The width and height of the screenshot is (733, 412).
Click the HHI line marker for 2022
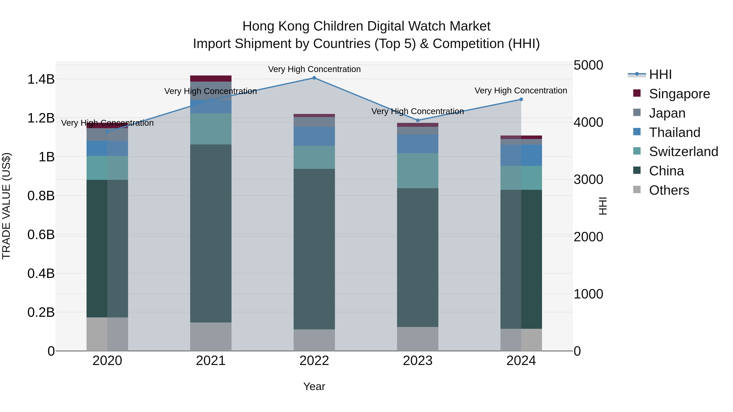click(314, 78)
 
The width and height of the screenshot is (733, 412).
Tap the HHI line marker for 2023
click(418, 120)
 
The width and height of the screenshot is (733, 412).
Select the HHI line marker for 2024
click(521, 99)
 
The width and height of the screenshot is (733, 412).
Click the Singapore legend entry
click(679, 94)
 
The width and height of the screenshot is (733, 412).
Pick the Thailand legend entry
click(674, 132)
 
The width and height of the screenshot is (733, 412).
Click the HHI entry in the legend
click(660, 74)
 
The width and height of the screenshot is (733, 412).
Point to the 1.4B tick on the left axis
click(41, 79)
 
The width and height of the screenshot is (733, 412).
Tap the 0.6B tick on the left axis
click(41, 235)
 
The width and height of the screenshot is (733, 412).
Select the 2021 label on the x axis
click(211, 361)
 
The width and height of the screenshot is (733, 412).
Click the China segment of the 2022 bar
click(314, 249)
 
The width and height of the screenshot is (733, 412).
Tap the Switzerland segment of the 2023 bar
click(418, 171)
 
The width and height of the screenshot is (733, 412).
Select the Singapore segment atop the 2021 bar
click(211, 79)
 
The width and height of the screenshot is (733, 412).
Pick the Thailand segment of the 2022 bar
click(314, 137)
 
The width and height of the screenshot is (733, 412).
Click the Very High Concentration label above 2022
click(314, 69)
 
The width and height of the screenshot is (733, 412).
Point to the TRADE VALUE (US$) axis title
click(6, 206)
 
